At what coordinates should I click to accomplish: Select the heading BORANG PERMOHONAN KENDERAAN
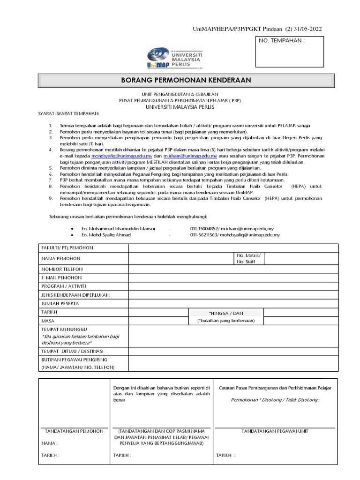tap(186, 80)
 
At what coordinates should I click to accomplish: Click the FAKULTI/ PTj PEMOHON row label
tap(66, 247)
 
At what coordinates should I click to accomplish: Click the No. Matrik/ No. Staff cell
tap(247, 258)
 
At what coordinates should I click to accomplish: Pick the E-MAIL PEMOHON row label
tap(61, 277)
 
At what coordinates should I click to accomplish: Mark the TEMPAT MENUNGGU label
tap(64, 330)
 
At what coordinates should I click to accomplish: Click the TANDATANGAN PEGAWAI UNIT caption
tap(275, 431)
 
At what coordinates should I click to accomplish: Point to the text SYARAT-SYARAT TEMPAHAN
tap(68, 113)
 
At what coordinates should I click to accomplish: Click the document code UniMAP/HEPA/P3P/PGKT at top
tap(228, 29)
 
